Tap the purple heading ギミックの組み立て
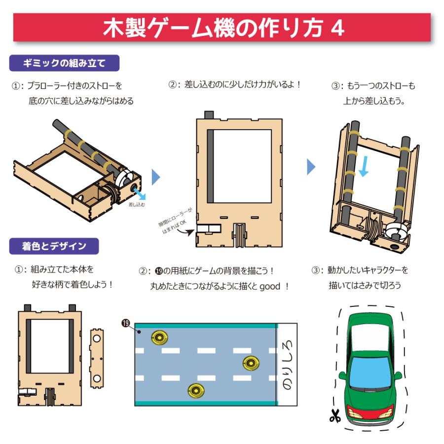64,63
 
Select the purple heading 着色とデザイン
54,245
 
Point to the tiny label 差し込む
137,203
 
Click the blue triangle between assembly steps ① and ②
155,176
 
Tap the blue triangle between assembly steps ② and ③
311,167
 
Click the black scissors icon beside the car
335,416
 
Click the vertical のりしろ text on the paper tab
287,365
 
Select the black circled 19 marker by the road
125,323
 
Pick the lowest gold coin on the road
196,391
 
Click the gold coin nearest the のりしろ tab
252,364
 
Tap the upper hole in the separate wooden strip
97,338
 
